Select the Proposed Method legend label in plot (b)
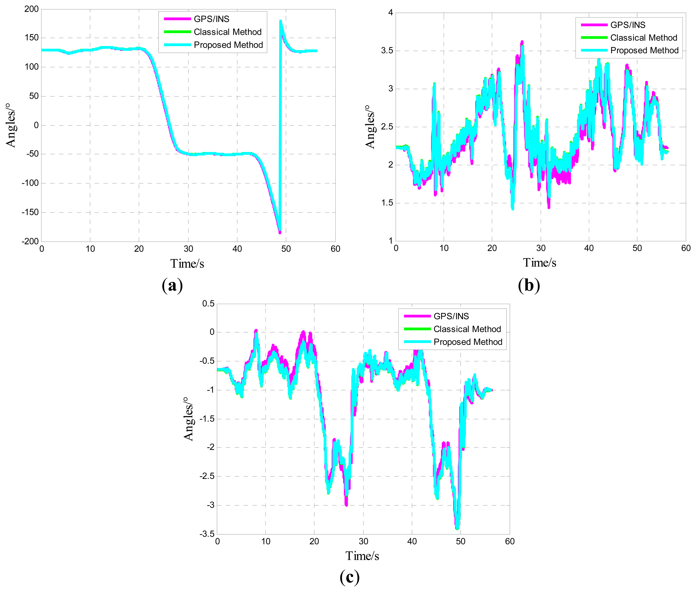pos(644,51)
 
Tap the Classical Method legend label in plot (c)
pos(467,329)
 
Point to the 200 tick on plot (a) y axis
pos(32,9)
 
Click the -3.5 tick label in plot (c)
pos(207,534)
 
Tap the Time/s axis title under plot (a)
pos(187,264)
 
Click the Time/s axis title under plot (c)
pos(362,556)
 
